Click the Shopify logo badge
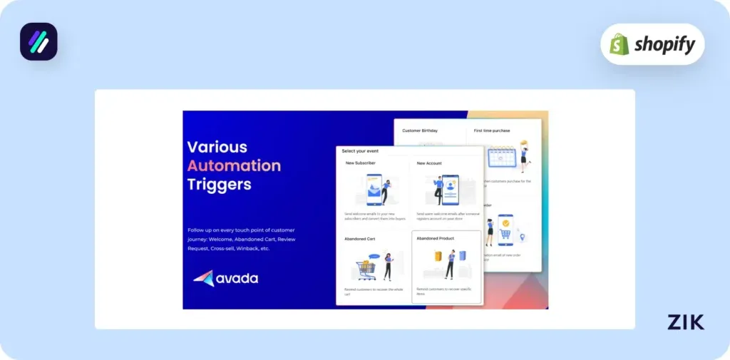click(x=652, y=44)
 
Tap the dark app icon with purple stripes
click(x=38, y=41)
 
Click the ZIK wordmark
click(x=686, y=322)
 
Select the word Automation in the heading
click(x=234, y=166)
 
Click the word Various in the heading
click(x=217, y=147)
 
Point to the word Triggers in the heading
click(x=219, y=185)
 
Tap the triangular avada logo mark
click(x=203, y=278)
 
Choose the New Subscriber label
click(x=361, y=163)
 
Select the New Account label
click(x=429, y=163)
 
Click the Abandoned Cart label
click(x=361, y=239)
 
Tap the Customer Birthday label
click(x=420, y=130)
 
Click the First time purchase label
click(x=492, y=130)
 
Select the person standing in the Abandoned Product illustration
click(x=450, y=264)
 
